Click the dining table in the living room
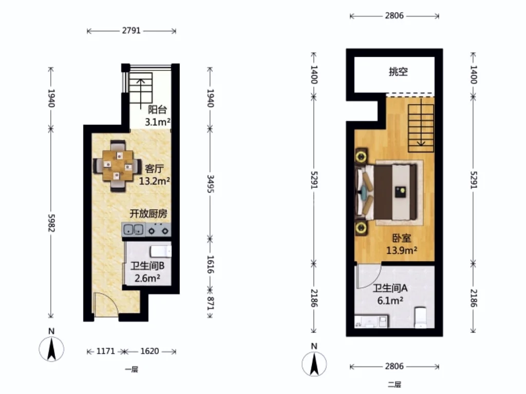coord(118,166)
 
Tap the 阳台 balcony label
coord(157,109)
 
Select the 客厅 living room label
coord(154,168)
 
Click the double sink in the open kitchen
coord(134,230)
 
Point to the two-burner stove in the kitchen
coord(158,230)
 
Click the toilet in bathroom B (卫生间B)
coord(161,251)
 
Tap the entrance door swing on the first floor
coord(105,304)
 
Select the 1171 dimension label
coord(106,351)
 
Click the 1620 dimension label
coord(149,351)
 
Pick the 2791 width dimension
coord(131,30)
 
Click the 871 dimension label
coord(210,303)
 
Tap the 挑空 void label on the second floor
coord(398,71)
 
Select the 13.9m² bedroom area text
coord(402,250)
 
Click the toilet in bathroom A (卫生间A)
coord(421,317)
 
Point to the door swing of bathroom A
coord(368,276)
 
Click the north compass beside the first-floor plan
coord(51,349)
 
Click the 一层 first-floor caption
coord(131,369)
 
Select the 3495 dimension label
coord(210,184)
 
